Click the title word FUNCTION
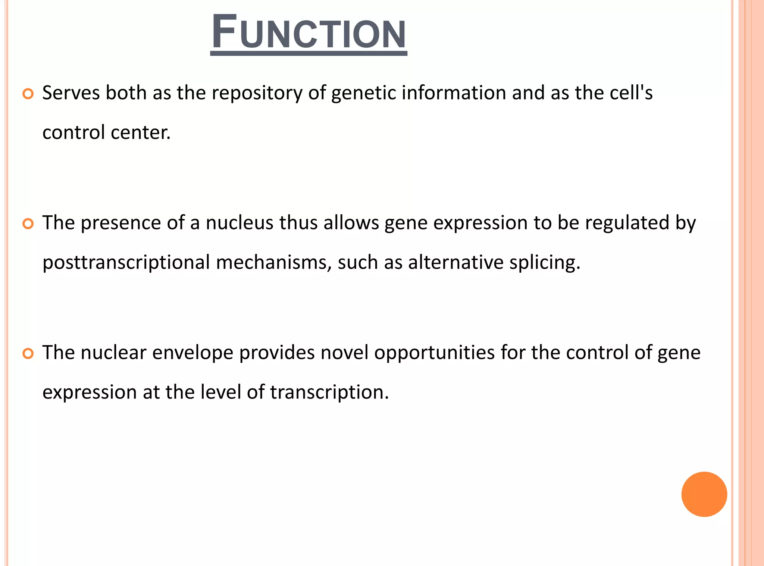point(309,33)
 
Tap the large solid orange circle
point(704,494)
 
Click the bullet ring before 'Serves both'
point(28,94)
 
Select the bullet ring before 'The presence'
point(28,223)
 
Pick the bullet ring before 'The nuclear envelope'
point(28,353)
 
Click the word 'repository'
point(257,93)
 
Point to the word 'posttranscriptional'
point(126,263)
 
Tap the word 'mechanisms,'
point(274,262)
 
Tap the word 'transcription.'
point(329,393)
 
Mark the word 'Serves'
point(71,93)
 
